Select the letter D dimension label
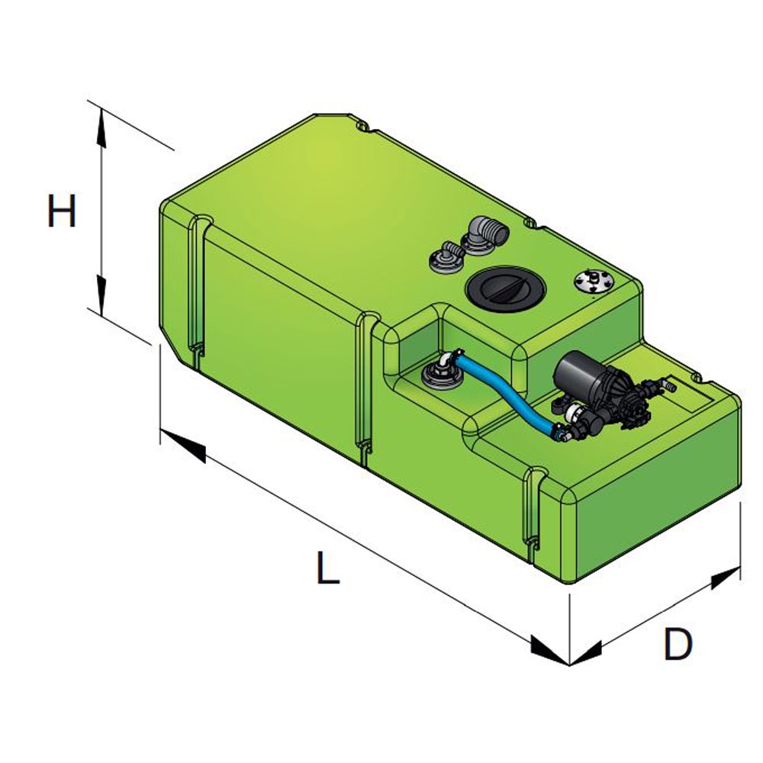pos(678,645)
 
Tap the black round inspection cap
pos(494,288)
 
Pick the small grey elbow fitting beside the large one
pos(446,257)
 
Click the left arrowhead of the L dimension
pos(183,447)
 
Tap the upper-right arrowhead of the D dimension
pos(725,578)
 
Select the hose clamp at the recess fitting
pos(459,355)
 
